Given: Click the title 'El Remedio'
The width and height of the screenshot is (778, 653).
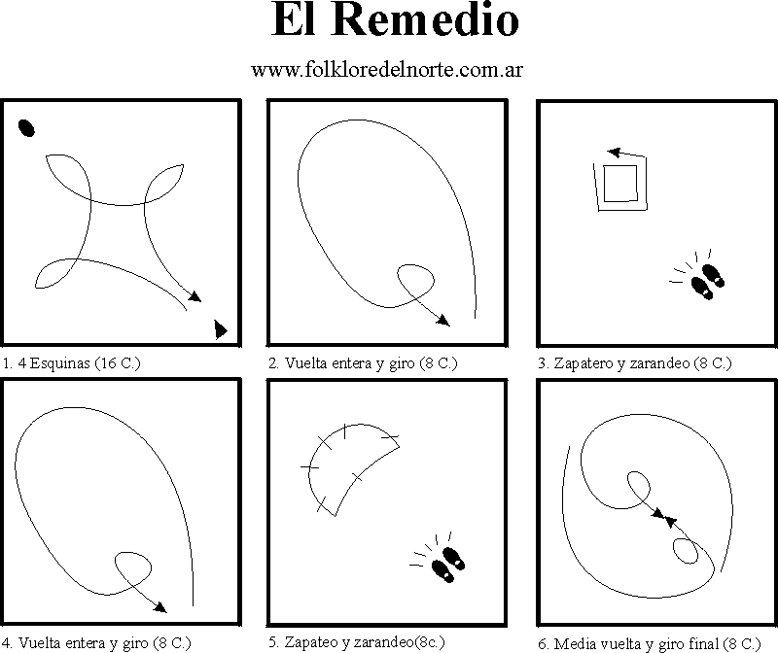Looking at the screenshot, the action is pyautogui.click(x=395, y=19).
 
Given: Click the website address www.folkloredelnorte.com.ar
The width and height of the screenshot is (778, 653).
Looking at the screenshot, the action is pyautogui.click(x=387, y=69).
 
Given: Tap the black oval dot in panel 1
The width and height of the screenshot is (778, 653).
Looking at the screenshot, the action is pyautogui.click(x=26, y=128).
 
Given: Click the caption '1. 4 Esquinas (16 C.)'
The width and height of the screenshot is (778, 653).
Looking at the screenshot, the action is pyautogui.click(x=71, y=363).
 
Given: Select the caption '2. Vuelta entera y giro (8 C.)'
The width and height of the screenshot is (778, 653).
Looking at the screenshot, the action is pyautogui.click(x=363, y=363).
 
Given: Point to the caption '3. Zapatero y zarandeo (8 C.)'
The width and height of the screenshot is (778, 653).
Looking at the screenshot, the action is pyautogui.click(x=635, y=363).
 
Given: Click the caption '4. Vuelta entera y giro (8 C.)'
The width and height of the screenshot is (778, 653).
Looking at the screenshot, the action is pyautogui.click(x=96, y=643).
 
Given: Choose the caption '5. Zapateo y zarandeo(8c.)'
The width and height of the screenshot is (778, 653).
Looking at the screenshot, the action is pyautogui.click(x=357, y=642).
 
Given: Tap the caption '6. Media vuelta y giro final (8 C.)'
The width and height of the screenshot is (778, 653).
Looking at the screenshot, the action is pyautogui.click(x=649, y=643).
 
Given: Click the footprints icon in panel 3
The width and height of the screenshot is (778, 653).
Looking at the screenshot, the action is pyautogui.click(x=698, y=275).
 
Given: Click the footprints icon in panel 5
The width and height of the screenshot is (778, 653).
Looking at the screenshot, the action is pyautogui.click(x=439, y=558).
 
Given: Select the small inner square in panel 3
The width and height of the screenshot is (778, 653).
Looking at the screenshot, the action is pyautogui.click(x=620, y=184).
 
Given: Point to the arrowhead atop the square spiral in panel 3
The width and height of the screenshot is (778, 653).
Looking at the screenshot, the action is pyautogui.click(x=614, y=153).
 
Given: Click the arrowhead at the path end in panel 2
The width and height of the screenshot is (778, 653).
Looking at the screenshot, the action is pyautogui.click(x=443, y=321).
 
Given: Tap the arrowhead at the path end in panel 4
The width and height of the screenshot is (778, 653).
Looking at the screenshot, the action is pyautogui.click(x=160, y=607).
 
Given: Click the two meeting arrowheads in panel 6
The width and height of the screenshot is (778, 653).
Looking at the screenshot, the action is pyautogui.click(x=664, y=517).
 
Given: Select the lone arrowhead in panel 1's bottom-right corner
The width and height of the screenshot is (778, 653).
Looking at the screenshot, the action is pyautogui.click(x=221, y=329).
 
